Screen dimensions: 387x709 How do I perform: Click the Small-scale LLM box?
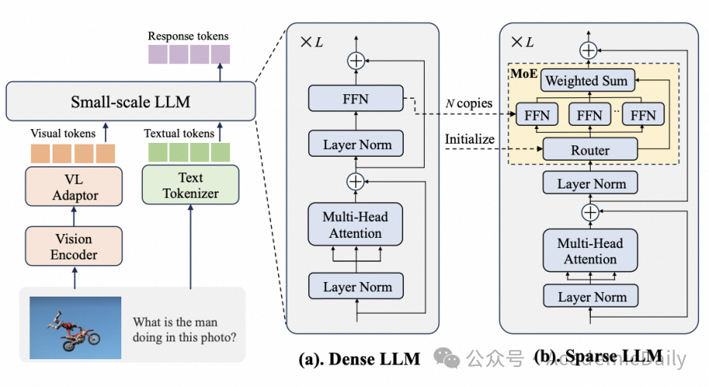131,101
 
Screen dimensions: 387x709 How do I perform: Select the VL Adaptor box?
76,187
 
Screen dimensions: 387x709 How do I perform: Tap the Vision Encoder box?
74,246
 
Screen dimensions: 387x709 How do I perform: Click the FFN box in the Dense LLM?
356,98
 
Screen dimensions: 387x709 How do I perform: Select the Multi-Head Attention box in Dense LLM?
356,225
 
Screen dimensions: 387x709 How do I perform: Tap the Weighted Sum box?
586,80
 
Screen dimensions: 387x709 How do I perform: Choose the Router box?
589,150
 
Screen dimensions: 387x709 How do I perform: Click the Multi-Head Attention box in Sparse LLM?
590,251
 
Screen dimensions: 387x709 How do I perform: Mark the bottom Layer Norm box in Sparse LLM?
591,297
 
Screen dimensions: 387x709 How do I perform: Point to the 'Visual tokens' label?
63,134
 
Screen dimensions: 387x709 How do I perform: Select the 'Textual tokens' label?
179,134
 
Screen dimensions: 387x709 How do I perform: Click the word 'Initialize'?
470,139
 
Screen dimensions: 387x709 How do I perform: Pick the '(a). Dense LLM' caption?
360,358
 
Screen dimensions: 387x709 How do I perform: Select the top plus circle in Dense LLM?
356,59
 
